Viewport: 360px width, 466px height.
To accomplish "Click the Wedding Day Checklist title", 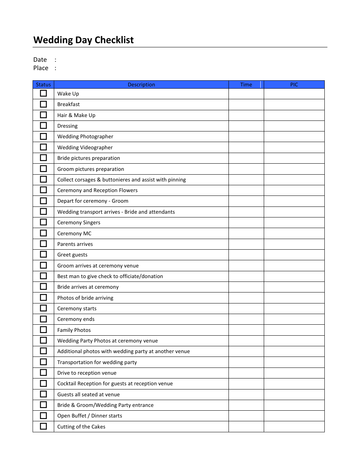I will [x=83, y=40].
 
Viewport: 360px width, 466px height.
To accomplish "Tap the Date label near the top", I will [x=40, y=60].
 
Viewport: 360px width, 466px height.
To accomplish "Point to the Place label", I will [x=41, y=68].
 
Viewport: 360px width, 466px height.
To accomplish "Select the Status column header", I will [x=43, y=84].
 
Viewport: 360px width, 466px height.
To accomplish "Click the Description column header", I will [x=141, y=84].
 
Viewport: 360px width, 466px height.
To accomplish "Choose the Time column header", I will [x=246, y=84].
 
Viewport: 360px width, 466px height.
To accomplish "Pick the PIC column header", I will [x=294, y=84].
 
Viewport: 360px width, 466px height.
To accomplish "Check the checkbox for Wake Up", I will [x=44, y=93].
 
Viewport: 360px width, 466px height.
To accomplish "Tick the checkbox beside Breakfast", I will [x=44, y=104].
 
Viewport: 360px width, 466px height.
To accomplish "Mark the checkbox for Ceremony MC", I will [x=44, y=233].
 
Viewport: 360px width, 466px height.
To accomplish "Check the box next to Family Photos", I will [x=44, y=330].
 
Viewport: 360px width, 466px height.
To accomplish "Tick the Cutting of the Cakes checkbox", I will [x=44, y=426].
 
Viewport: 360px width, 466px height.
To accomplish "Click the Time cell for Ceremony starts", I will [x=246, y=308].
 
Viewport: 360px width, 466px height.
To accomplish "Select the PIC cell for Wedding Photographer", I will [x=294, y=136].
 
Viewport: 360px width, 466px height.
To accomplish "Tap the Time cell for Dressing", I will [x=246, y=126].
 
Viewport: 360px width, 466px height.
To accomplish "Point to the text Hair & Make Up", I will [x=76, y=115].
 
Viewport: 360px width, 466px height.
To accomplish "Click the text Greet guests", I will [x=72, y=255].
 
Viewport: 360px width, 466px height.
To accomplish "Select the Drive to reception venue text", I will [x=87, y=373].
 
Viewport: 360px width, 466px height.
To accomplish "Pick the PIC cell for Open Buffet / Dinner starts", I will [x=294, y=416].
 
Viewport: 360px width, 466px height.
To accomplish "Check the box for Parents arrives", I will [x=44, y=244].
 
